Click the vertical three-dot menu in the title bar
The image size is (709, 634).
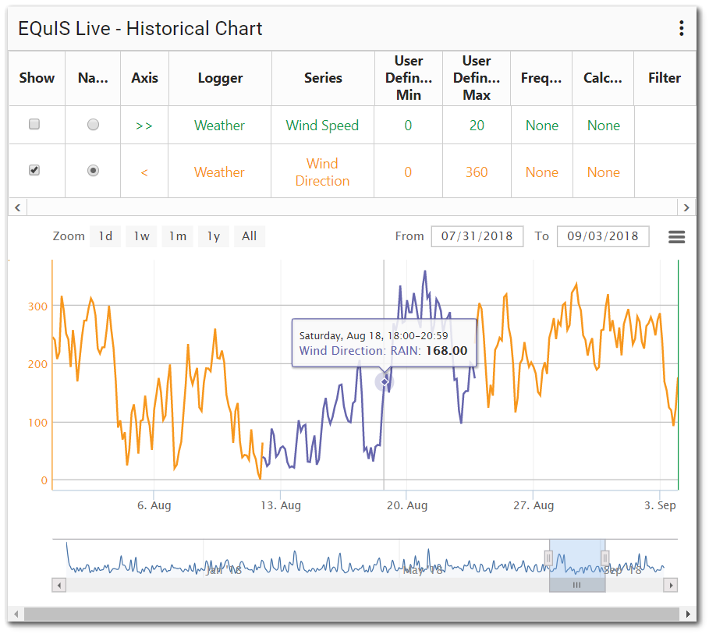(681, 29)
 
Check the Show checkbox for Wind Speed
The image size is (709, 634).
(34, 125)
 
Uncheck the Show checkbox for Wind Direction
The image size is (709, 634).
(34, 170)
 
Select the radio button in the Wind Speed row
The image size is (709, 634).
(94, 125)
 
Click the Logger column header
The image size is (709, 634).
(220, 78)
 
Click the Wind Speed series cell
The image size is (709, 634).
(322, 126)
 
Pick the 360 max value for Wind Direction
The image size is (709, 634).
(477, 172)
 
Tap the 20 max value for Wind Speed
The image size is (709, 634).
(477, 126)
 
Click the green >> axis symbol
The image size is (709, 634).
(144, 126)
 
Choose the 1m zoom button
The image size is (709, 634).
(178, 236)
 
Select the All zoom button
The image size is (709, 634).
(249, 236)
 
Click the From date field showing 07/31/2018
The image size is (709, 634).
(477, 236)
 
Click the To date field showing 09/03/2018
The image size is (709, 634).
(603, 236)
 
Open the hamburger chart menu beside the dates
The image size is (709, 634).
(676, 237)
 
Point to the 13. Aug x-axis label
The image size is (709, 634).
(280, 505)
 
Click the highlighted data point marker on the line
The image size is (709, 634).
(385, 381)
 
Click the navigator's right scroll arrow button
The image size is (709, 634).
(670, 585)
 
